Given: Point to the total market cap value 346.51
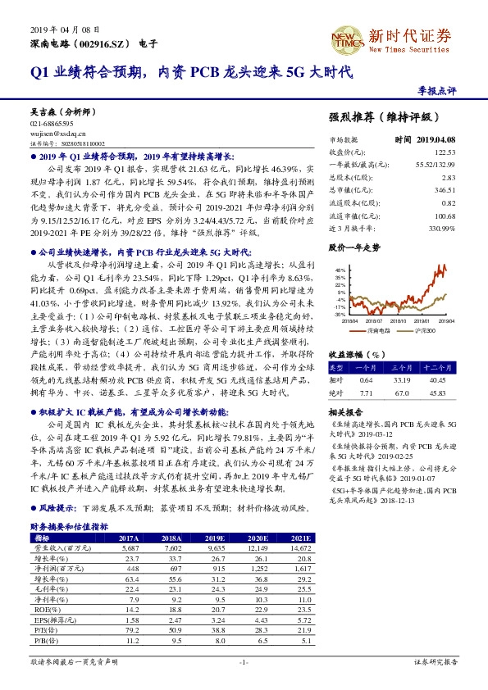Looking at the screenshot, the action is point(446,189).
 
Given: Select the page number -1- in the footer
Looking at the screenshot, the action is point(244,660).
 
